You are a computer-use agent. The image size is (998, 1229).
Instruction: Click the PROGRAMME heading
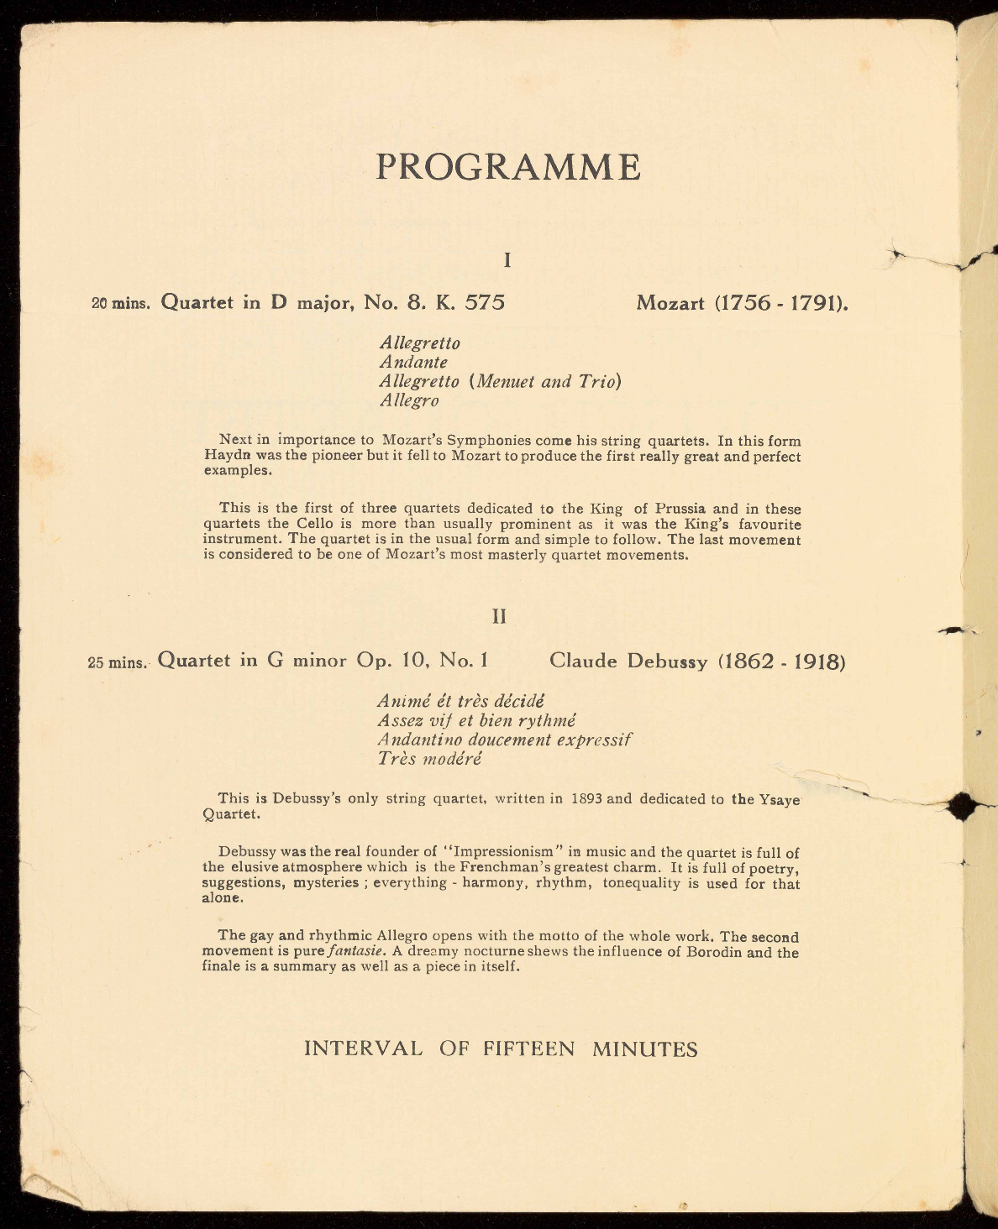click(x=508, y=167)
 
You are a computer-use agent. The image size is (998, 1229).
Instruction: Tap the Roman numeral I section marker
click(x=507, y=260)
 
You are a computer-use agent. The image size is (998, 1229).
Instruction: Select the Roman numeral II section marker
click(x=499, y=617)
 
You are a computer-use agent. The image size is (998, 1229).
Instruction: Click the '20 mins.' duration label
click(x=120, y=304)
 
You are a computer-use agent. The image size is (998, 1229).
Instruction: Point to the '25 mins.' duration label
click(x=118, y=662)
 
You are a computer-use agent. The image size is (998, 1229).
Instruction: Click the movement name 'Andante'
click(x=413, y=363)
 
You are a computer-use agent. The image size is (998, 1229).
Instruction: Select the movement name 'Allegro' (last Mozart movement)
click(x=409, y=400)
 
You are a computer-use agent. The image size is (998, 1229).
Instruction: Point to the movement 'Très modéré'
click(x=429, y=759)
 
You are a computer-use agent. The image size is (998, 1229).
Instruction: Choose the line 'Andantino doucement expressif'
click(x=504, y=740)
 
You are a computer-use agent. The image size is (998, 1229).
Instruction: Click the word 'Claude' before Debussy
click(x=583, y=661)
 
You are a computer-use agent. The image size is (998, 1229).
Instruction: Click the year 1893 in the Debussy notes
click(x=586, y=798)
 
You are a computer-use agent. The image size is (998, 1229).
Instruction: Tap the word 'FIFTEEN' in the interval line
click(x=529, y=1049)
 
